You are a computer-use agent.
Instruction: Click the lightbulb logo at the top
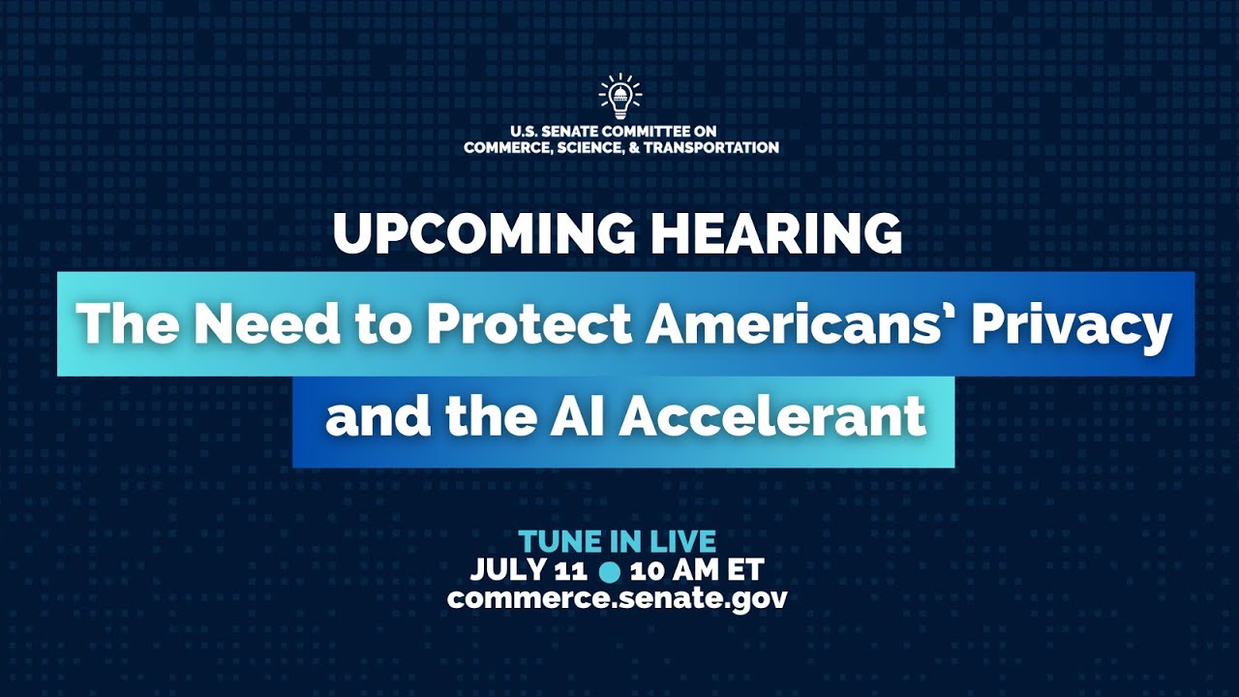pyautogui.click(x=620, y=96)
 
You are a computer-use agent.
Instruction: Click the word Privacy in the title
pyautogui.click(x=1072, y=326)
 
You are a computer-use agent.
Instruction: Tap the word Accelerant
pyautogui.click(x=772, y=417)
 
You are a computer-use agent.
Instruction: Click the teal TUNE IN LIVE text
pyautogui.click(x=618, y=540)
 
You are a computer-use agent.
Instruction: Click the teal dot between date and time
pyautogui.click(x=610, y=570)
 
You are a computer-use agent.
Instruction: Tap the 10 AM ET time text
pyautogui.click(x=697, y=568)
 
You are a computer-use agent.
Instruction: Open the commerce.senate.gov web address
pyautogui.click(x=618, y=597)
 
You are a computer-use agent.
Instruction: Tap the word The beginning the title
pyautogui.click(x=124, y=324)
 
